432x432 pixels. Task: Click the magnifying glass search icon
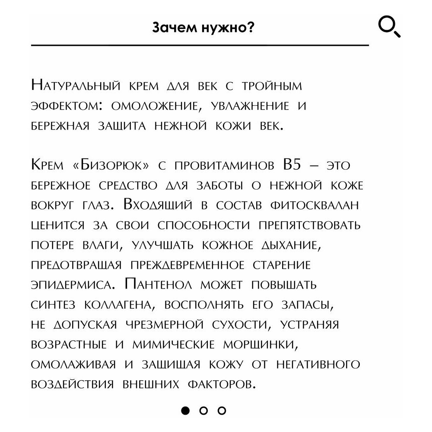coord(389,27)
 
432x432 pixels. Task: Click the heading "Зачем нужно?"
coord(203,28)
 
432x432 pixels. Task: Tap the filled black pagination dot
coord(185,410)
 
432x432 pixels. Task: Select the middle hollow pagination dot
coord(204,410)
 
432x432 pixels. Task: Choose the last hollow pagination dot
coord(222,410)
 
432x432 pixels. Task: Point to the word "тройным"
coord(272,86)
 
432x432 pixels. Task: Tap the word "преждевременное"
coord(190,265)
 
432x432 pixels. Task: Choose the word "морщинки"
coord(264,345)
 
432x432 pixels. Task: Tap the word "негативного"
coord(318,365)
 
